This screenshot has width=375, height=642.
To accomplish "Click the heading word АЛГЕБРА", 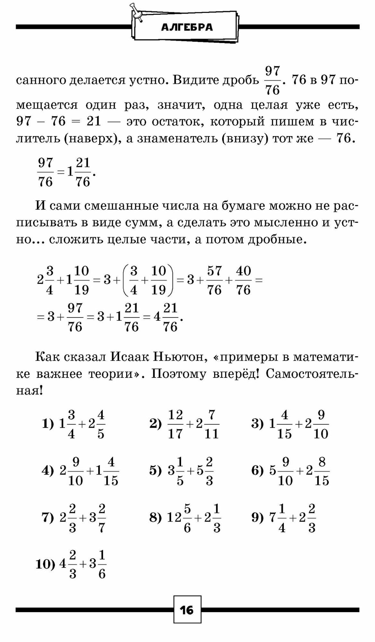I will click(x=187, y=28).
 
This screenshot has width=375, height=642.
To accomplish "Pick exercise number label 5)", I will click(x=155, y=471).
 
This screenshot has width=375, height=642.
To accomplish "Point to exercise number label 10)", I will click(x=46, y=564).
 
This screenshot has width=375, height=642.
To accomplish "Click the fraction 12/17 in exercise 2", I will click(x=175, y=424).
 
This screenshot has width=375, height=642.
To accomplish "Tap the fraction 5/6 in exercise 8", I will click(x=187, y=518).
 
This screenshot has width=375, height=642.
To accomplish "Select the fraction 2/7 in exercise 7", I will click(x=102, y=518).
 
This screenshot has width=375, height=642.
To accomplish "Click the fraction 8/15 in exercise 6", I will click(x=322, y=471).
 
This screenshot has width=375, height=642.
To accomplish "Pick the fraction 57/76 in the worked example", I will click(x=214, y=281).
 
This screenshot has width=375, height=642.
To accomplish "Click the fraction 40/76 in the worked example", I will click(x=243, y=281).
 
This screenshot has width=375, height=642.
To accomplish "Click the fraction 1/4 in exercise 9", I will click(x=282, y=518).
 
